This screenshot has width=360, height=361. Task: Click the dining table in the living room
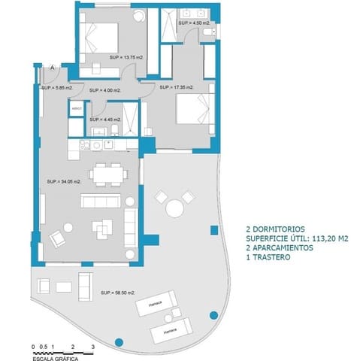point(105,174)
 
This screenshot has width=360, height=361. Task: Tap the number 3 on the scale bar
point(92,347)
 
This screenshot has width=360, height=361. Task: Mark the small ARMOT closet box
point(75,110)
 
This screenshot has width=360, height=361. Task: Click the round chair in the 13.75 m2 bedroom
point(138,17)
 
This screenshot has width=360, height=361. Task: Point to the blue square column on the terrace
point(153,241)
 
